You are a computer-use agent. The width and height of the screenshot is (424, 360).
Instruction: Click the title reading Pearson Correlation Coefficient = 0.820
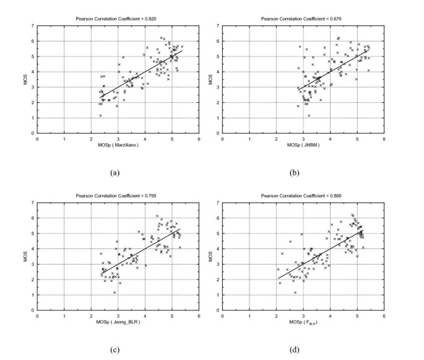tap(118, 19)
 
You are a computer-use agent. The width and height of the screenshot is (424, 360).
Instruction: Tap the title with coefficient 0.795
tap(118, 197)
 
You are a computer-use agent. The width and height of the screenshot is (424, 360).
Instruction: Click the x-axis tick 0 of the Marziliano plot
tap(38, 139)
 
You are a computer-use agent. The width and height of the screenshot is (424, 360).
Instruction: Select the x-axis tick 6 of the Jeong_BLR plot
tap(199, 317)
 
